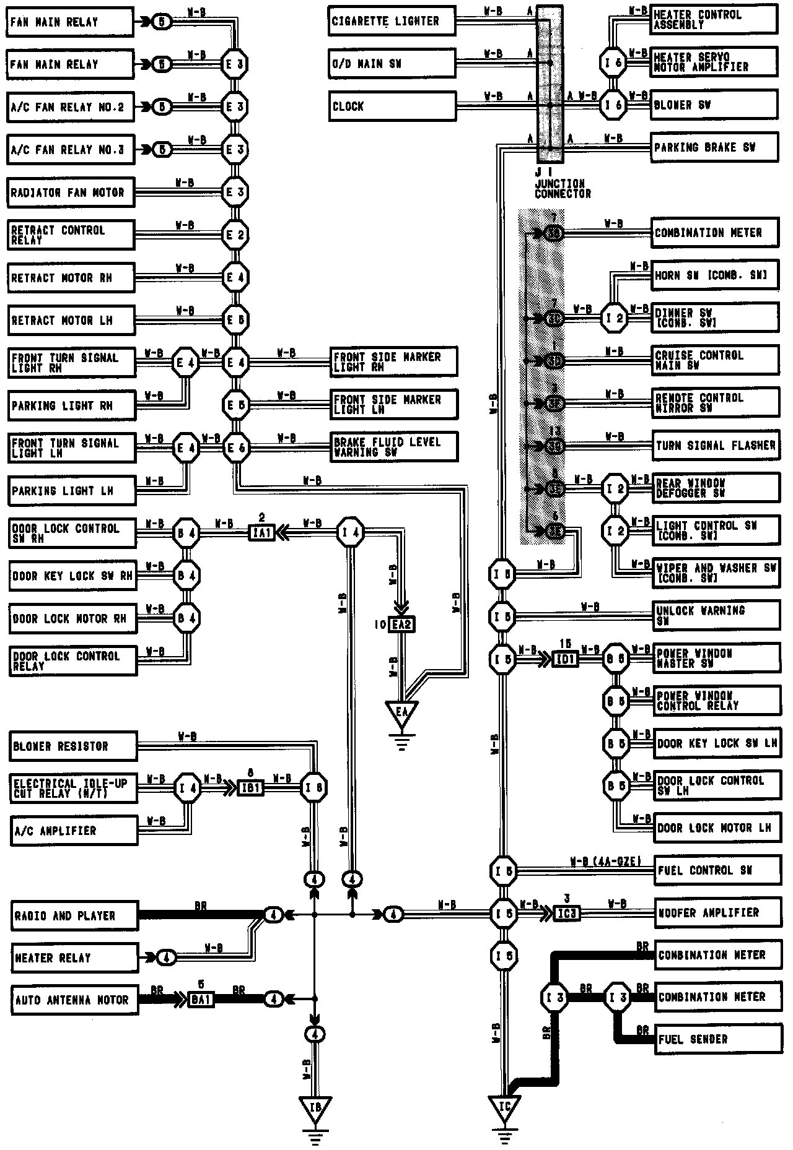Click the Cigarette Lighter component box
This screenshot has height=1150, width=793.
pos(392,22)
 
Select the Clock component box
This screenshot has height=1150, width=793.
pos(392,106)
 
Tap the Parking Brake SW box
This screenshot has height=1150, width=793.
pos(714,148)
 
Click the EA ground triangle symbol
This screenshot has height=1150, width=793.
pos(401,712)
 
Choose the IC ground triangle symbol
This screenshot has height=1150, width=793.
pos(504,1105)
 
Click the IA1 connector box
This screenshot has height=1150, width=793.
pos(261,532)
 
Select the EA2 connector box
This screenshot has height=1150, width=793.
pos(401,625)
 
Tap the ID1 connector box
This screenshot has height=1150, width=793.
pos(566,659)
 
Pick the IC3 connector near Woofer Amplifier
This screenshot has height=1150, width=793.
pos(566,913)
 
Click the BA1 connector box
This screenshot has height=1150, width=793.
pos(201,1000)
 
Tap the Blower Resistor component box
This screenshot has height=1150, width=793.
pos(73,746)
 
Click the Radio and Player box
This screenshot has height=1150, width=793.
pos(74,916)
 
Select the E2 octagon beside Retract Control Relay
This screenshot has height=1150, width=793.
pos(235,235)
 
